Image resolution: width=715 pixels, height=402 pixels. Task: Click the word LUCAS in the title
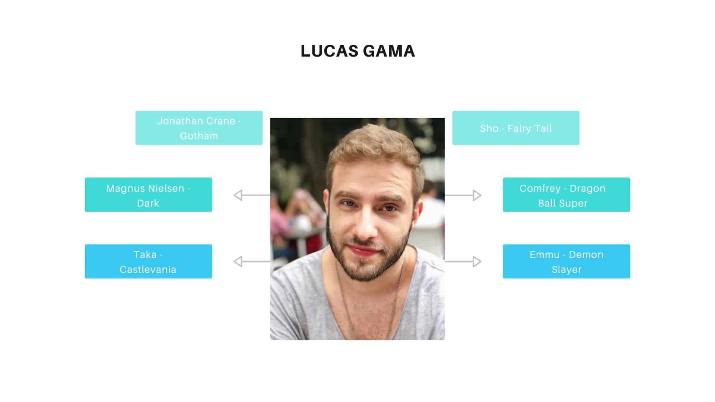pos(329,51)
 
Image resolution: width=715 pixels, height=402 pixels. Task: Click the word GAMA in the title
pos(389,51)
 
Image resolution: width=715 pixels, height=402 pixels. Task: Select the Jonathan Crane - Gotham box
pos(199,128)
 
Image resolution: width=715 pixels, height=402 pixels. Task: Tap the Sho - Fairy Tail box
pos(516,128)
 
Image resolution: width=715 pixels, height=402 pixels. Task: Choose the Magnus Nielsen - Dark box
pos(148,195)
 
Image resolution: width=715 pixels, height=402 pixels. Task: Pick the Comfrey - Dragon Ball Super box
pos(566,195)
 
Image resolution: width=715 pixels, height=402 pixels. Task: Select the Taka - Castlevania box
pos(148,261)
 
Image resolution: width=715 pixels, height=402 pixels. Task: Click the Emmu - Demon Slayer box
pos(566,261)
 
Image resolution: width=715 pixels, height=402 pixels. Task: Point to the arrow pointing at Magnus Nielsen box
pos(252,195)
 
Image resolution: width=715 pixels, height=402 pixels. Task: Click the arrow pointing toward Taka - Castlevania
pos(252,261)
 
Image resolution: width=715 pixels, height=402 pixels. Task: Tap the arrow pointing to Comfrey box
pos(463,195)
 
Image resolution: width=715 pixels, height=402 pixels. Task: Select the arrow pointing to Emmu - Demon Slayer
pos(463,261)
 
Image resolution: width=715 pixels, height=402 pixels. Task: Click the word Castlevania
pos(148,269)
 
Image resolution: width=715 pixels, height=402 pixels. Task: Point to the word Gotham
pos(199,136)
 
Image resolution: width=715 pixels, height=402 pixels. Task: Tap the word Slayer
pos(566,270)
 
